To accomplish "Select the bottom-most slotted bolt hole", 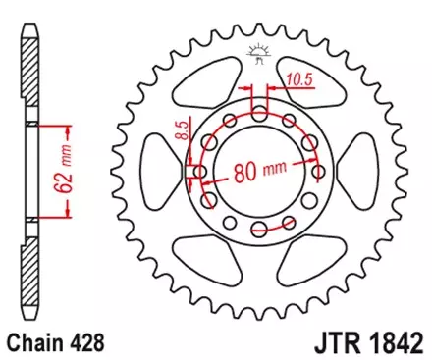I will (x=260, y=230).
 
